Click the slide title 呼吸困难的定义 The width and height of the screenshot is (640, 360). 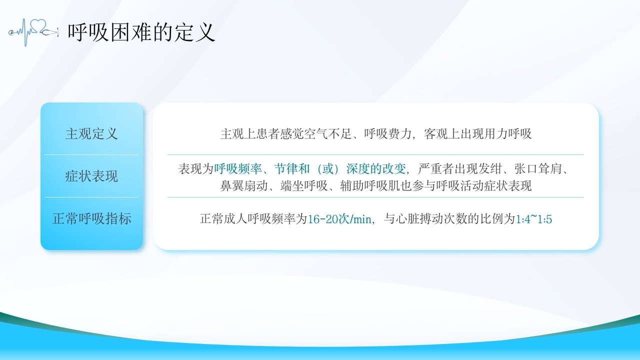click(141, 32)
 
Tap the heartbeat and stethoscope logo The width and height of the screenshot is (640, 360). click(33, 32)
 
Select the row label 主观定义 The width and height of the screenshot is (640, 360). click(91, 133)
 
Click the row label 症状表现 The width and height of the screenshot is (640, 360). click(91, 176)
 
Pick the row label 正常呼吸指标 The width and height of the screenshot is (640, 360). click(91, 218)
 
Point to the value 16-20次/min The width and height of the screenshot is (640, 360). click(339, 219)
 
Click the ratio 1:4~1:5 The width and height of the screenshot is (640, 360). click(533, 219)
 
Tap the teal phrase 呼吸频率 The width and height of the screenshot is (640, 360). click(238, 169)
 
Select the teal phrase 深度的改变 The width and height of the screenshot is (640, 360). click(376, 169)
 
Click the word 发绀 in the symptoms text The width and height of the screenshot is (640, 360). click(490, 169)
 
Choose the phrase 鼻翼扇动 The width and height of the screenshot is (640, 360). click(243, 185)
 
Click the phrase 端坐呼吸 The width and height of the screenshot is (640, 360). click(304, 185)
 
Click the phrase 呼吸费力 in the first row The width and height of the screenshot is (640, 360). click(387, 133)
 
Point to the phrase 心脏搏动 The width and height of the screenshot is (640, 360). click(420, 219)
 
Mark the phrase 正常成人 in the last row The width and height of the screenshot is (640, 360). click(223, 219)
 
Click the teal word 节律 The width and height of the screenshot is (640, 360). click(286, 169)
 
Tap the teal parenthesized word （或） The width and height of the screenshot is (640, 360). click(328, 169)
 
